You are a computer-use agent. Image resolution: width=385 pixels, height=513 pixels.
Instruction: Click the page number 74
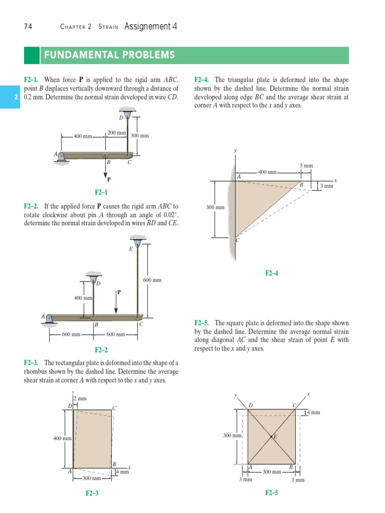(x=28, y=27)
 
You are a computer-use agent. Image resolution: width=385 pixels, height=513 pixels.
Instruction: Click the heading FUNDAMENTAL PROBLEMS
(x=109, y=55)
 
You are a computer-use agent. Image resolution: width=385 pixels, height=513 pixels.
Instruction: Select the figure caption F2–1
(x=101, y=192)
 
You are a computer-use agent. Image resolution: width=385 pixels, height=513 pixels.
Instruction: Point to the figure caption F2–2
(x=101, y=350)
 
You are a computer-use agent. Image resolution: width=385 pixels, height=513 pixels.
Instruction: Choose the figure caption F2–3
(x=92, y=493)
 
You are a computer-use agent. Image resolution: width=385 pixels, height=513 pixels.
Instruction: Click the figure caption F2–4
(x=271, y=273)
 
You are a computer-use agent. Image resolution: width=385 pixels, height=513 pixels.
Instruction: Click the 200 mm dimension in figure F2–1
(x=116, y=132)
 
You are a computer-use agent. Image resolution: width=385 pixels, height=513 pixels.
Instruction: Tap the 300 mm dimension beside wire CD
(x=140, y=136)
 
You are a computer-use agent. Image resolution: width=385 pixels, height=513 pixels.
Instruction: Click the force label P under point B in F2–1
(x=108, y=179)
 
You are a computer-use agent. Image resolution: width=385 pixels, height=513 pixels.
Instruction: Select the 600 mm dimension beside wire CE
(x=152, y=280)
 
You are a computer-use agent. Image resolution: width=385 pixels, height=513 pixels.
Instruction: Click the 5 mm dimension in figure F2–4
(x=306, y=165)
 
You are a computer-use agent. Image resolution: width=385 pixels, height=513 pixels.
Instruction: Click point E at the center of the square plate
(x=272, y=437)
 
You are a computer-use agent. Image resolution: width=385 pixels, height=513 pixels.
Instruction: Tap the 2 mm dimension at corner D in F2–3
(x=80, y=398)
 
